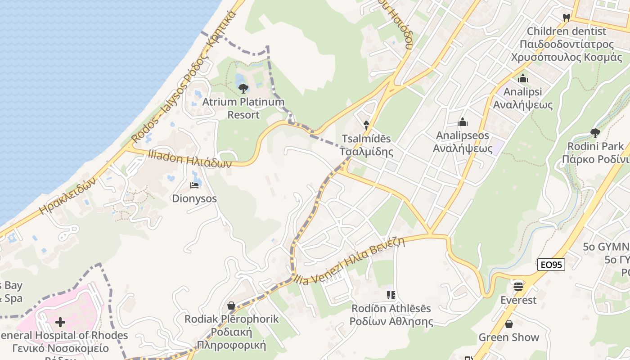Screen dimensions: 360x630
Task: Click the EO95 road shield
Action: click(x=551, y=265)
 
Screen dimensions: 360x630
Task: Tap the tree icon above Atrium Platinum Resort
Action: click(x=243, y=88)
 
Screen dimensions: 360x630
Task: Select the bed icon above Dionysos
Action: click(x=194, y=185)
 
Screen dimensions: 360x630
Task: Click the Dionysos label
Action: click(x=194, y=198)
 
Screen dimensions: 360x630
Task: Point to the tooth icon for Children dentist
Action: click(x=567, y=18)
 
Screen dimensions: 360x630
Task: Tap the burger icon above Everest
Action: click(x=518, y=286)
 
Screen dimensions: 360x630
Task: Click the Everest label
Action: click(x=518, y=300)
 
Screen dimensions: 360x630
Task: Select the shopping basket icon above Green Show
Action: click(x=509, y=324)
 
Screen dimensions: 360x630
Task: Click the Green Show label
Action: click(x=508, y=337)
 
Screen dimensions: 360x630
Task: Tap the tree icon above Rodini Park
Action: click(x=595, y=133)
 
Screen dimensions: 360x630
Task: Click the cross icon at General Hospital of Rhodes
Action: click(x=60, y=322)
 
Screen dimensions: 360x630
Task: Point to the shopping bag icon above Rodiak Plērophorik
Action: click(x=231, y=306)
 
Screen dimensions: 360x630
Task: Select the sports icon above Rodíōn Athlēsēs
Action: click(x=391, y=295)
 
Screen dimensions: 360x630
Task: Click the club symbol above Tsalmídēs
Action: click(x=366, y=125)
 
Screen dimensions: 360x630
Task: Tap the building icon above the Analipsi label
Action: click(x=522, y=79)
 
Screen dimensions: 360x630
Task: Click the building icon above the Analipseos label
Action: click(x=463, y=122)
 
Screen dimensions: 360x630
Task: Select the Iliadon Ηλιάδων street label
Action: click(x=189, y=159)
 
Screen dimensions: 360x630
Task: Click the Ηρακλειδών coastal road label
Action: click(x=68, y=195)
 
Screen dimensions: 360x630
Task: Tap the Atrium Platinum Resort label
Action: click(x=243, y=108)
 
